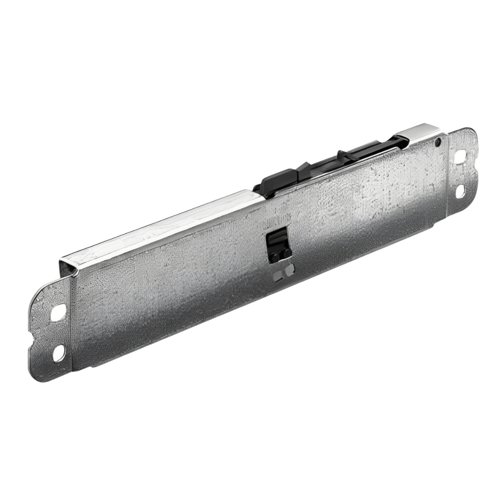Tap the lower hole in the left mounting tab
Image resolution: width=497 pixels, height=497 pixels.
tap(58, 353)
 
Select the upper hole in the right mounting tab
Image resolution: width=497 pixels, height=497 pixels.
tap(460, 157)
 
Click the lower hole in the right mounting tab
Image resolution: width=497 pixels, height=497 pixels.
tap(460, 191)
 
